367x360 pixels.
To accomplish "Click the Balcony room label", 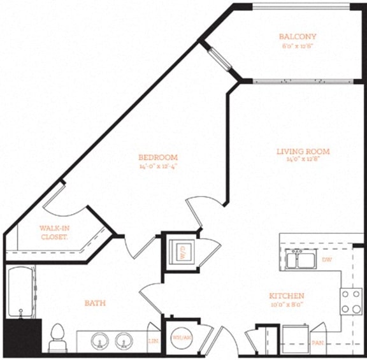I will click(x=298, y=37).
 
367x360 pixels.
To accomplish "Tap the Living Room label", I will click(x=303, y=152).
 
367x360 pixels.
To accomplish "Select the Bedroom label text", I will click(x=158, y=157).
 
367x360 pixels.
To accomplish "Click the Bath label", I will click(x=95, y=303).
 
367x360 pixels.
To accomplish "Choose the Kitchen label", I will click(x=286, y=296).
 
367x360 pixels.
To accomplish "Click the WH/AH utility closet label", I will click(x=180, y=338).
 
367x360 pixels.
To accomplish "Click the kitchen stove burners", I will click(x=350, y=301).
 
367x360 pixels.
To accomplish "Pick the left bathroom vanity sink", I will click(x=100, y=341).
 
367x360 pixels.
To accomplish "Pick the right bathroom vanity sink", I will click(x=124, y=341).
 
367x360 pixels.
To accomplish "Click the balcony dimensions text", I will click(x=298, y=47).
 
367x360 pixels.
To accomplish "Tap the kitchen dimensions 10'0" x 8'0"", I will click(x=286, y=305).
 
